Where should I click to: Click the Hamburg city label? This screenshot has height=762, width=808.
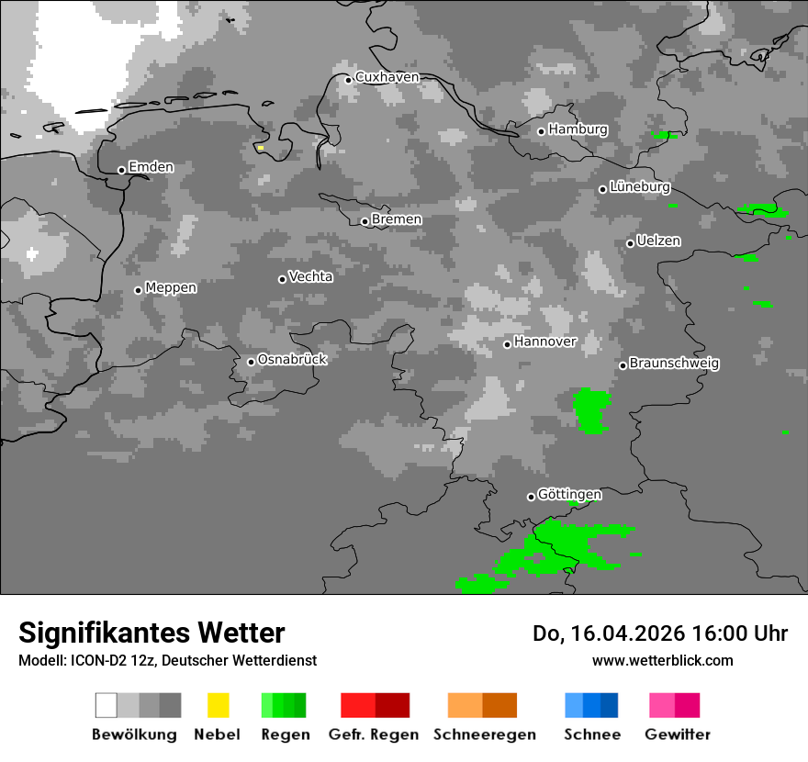578,129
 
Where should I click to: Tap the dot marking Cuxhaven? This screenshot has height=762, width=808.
348,80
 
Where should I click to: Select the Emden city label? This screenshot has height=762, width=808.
151,167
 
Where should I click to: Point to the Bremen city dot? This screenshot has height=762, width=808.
365,221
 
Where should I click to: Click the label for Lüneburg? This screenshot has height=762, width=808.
639,187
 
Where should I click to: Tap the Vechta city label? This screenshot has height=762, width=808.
310,276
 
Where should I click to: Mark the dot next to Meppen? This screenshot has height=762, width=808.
138,290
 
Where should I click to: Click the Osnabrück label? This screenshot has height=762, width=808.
292,359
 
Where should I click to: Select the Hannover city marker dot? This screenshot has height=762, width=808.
507,344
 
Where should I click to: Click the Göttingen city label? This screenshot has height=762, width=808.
569,495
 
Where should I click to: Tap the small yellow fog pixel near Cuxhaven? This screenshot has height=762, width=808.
261,147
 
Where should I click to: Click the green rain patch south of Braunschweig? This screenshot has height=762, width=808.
591,409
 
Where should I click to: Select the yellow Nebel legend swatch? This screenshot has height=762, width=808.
218,705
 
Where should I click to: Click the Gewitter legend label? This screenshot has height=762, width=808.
678,734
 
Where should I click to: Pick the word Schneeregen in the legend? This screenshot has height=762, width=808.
484,734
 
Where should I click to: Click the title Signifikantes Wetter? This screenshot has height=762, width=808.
151,633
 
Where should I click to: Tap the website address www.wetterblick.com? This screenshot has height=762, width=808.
662,660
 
